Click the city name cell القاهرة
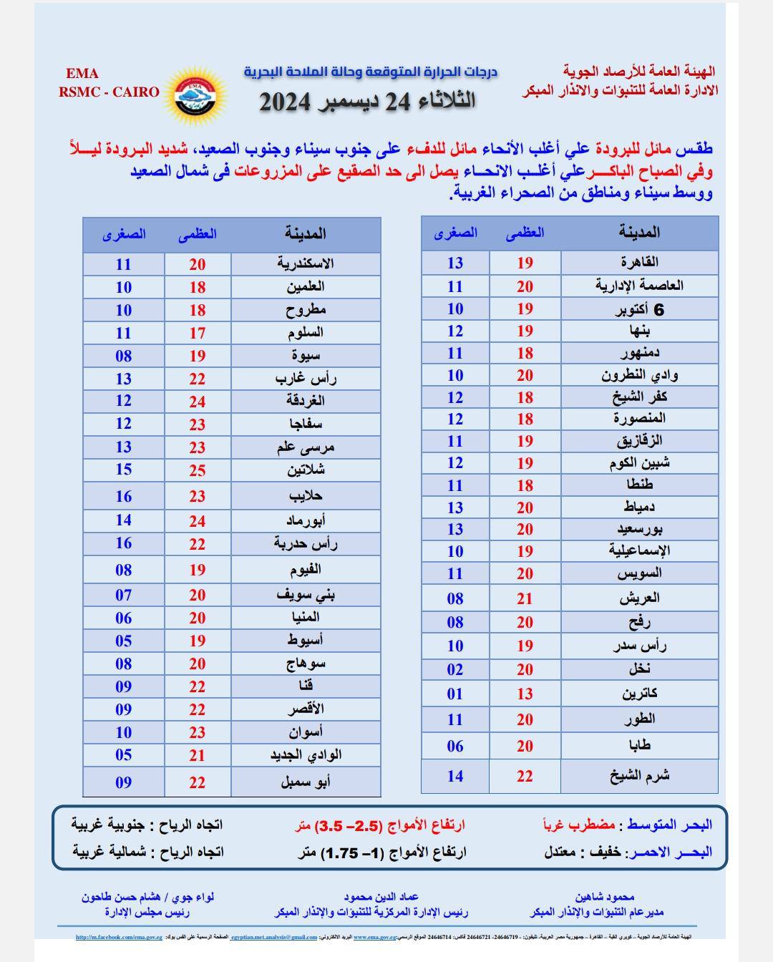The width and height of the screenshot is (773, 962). coord(639,262)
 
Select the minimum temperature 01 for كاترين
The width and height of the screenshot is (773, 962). coord(455,694)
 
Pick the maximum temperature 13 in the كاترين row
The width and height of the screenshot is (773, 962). coord(525,694)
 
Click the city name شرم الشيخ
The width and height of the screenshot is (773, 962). coord(639,776)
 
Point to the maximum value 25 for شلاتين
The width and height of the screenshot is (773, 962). coord(198,470)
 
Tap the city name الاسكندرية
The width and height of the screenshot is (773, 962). coord(306,263)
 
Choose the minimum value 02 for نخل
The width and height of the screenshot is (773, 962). coord(455,670)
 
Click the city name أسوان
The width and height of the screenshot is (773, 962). coord(306,732)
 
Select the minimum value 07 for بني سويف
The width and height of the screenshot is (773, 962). coord(124,595)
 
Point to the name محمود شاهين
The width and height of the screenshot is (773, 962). coord(604,897)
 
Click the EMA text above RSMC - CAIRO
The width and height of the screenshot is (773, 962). coord(82,74)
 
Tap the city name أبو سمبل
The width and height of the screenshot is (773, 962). coord(306,782)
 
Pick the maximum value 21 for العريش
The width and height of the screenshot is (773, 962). coord(525,598)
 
